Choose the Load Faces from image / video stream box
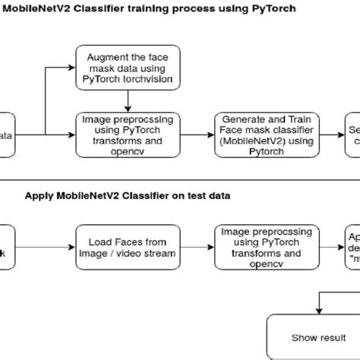pos(128,248)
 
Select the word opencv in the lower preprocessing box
pos(255,264)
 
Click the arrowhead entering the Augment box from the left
pos(73,67)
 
